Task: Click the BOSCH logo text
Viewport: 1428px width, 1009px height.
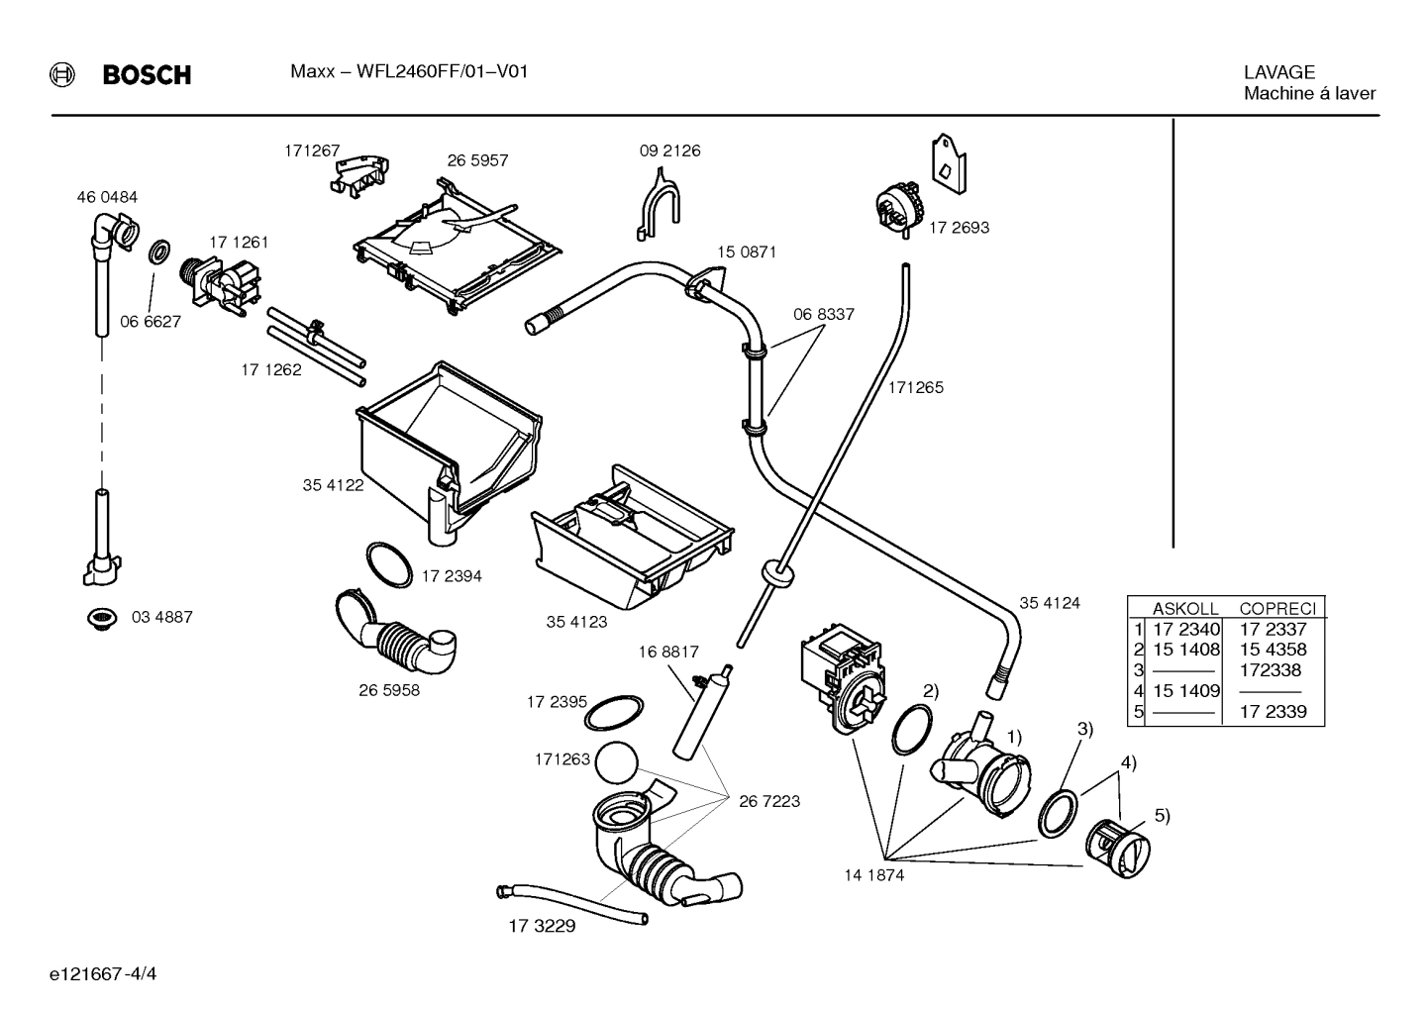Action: (147, 75)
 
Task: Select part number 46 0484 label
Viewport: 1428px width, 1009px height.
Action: (107, 197)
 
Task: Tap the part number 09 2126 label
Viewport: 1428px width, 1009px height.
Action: (669, 151)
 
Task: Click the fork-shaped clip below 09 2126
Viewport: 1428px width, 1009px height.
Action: (657, 202)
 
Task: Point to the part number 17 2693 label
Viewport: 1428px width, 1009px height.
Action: (959, 227)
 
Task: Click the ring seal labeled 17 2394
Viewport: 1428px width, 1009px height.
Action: (388, 565)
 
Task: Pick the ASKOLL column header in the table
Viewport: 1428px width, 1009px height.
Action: (1184, 609)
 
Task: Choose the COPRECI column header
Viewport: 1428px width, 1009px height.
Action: (1277, 609)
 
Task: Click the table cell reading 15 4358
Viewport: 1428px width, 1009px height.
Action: (1273, 650)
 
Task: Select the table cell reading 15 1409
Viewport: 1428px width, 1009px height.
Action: (1185, 690)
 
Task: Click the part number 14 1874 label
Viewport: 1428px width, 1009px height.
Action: (873, 875)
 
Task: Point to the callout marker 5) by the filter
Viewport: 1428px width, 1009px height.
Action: (1162, 816)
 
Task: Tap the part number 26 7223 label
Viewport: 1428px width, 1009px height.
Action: (768, 801)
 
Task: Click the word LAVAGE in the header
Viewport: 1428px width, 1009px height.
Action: (1279, 72)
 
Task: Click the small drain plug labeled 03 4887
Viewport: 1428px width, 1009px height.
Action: (99, 619)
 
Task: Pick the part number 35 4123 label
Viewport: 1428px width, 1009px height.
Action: (576, 622)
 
